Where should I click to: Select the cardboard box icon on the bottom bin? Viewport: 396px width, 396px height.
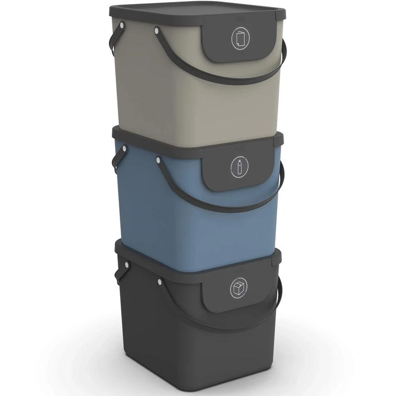tap(238, 288)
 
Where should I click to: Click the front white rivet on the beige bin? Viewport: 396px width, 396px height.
tap(157, 31)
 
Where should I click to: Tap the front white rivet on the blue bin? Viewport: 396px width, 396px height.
tap(158, 159)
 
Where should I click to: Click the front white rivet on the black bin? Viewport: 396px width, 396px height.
tap(160, 282)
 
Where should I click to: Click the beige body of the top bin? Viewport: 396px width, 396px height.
tap(163, 99)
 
